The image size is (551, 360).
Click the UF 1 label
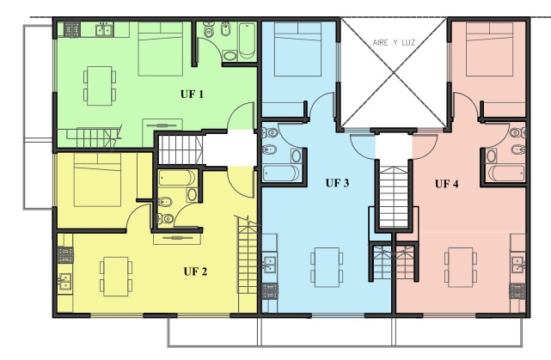pyautogui.click(x=192, y=95)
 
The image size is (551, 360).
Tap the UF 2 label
pyautogui.click(x=195, y=272)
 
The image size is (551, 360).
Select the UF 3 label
pyautogui.click(x=337, y=183)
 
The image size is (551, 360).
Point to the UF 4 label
pyautogui.click(x=447, y=184)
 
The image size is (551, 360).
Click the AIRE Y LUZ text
pyautogui.click(x=394, y=43)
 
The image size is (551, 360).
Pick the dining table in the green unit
pyautogui.click(x=100, y=86)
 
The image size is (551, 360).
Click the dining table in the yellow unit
pyautogui.click(x=115, y=277)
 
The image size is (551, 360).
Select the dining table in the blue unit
pyautogui.click(x=327, y=267)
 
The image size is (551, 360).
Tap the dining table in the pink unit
pyautogui.click(x=461, y=267)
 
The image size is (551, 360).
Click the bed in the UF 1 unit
pyautogui.click(x=161, y=49)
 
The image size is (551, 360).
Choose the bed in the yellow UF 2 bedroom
pyautogui.click(x=97, y=180)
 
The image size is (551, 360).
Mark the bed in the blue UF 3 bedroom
pyautogui.click(x=297, y=49)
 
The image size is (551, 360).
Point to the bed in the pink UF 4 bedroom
pyautogui.click(x=489, y=49)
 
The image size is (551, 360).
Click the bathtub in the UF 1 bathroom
pyautogui.click(x=247, y=40)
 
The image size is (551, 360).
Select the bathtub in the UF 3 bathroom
pyautogui.click(x=281, y=174)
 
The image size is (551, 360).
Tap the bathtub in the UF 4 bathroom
pyautogui.click(x=506, y=174)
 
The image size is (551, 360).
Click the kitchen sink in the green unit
pyautogui.click(x=104, y=29)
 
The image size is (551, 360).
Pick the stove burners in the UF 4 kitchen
pyautogui.click(x=517, y=291)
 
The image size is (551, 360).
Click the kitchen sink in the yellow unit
pyautogui.click(x=65, y=281)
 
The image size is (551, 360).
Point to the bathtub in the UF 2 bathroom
pyautogui.click(x=177, y=178)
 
